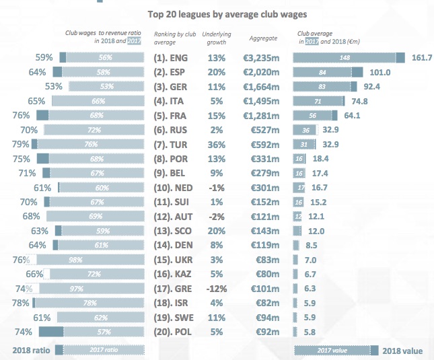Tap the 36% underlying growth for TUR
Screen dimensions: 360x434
pos(217,144)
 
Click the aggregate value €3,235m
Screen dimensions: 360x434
pos(261,58)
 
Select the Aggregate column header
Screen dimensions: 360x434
pos(262,39)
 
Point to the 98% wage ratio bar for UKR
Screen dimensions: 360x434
pos(89,259)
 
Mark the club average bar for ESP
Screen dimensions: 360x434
pos(328,72)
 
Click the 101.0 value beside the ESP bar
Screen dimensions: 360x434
pos(380,72)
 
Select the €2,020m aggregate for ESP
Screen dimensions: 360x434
pos(261,72)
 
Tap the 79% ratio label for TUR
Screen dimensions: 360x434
pos(20,144)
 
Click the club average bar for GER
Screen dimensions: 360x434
pos(325,87)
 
